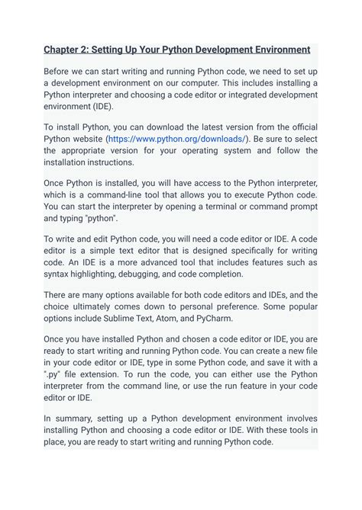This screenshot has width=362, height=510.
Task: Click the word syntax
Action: click(58, 274)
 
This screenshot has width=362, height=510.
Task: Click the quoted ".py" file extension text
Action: click(53, 374)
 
